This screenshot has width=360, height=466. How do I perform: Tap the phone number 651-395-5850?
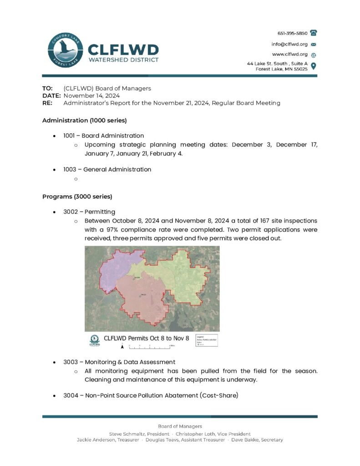292,33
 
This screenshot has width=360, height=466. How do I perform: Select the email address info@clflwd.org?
290,44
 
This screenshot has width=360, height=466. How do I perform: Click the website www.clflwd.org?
290,55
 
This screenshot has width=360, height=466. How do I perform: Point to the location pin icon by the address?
313,66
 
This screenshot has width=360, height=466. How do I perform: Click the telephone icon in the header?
313,33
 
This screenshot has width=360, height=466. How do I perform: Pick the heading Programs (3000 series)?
77,197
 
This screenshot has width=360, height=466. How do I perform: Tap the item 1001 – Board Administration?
104,136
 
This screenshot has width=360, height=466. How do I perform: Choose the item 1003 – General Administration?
107,169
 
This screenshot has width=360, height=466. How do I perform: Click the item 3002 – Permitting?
89,212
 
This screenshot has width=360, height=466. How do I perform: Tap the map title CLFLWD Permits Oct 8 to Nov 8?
146,339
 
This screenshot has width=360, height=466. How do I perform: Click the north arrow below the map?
122,346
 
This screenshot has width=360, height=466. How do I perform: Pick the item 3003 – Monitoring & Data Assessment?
119,362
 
